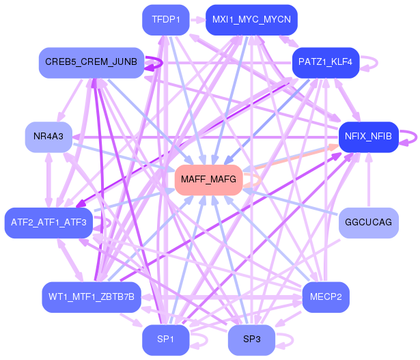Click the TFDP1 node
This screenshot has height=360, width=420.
click(166, 20)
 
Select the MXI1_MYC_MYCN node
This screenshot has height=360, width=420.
click(251, 20)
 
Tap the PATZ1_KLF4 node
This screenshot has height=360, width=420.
click(326, 63)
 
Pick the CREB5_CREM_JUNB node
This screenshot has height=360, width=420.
click(92, 63)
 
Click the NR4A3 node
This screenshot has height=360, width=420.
click(48, 137)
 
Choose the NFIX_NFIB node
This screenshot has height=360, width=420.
click(369, 137)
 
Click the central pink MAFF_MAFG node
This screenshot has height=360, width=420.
click(209, 180)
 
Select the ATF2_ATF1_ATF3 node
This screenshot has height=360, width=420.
click(48, 223)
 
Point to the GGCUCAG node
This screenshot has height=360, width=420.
click(369, 223)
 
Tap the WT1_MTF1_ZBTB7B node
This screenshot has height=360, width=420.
click(92, 296)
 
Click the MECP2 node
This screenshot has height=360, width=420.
click(326, 296)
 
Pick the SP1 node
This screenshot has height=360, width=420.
click(166, 340)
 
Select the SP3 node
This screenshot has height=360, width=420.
click(251, 340)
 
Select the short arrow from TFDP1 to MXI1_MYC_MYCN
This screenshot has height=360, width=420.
click(197, 20)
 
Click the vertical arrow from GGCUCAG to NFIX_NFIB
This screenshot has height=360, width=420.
click(369, 180)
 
